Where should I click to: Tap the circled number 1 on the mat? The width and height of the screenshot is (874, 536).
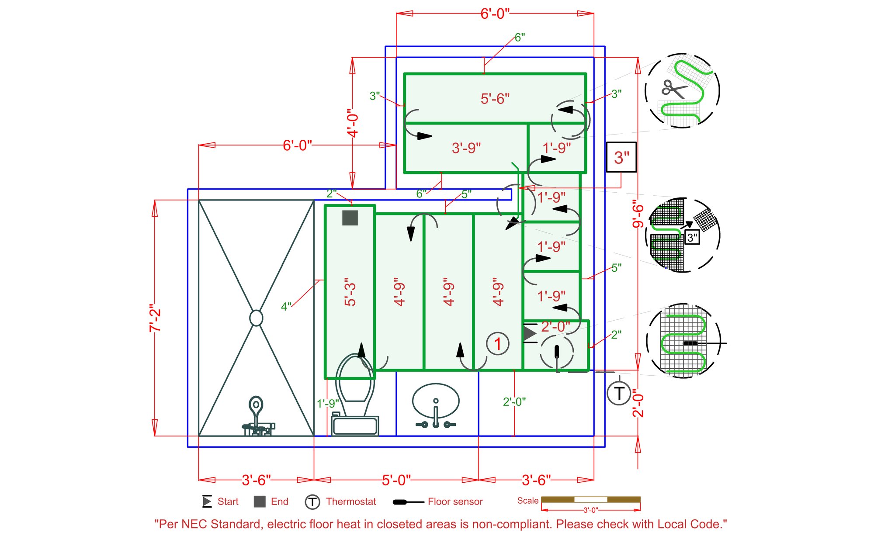pos(497,343)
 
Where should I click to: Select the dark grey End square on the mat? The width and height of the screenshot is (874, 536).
pos(350,218)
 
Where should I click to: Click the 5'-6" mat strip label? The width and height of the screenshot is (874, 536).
pos(495,99)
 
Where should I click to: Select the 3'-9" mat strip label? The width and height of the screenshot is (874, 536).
pos(466,148)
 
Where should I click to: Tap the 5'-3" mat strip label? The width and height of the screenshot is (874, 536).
pos(350,292)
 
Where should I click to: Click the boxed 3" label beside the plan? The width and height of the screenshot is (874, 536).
pos(621,157)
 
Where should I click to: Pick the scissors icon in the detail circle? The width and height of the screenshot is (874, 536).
pos(673,89)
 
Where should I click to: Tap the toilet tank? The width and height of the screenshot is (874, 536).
pos(355,425)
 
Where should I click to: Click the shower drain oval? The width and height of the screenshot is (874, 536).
pos(256,318)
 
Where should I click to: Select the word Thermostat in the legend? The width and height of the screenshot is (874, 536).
pos(351,501)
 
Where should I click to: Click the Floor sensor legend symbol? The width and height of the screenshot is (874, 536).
pos(408,502)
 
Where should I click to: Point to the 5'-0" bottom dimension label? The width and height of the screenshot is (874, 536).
pos(396,480)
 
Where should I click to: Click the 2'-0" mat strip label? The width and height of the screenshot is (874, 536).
pos(555,326)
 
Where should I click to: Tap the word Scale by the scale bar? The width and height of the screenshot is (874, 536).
pos(528,501)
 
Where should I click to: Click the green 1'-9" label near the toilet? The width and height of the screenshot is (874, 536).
pos(328,403)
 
